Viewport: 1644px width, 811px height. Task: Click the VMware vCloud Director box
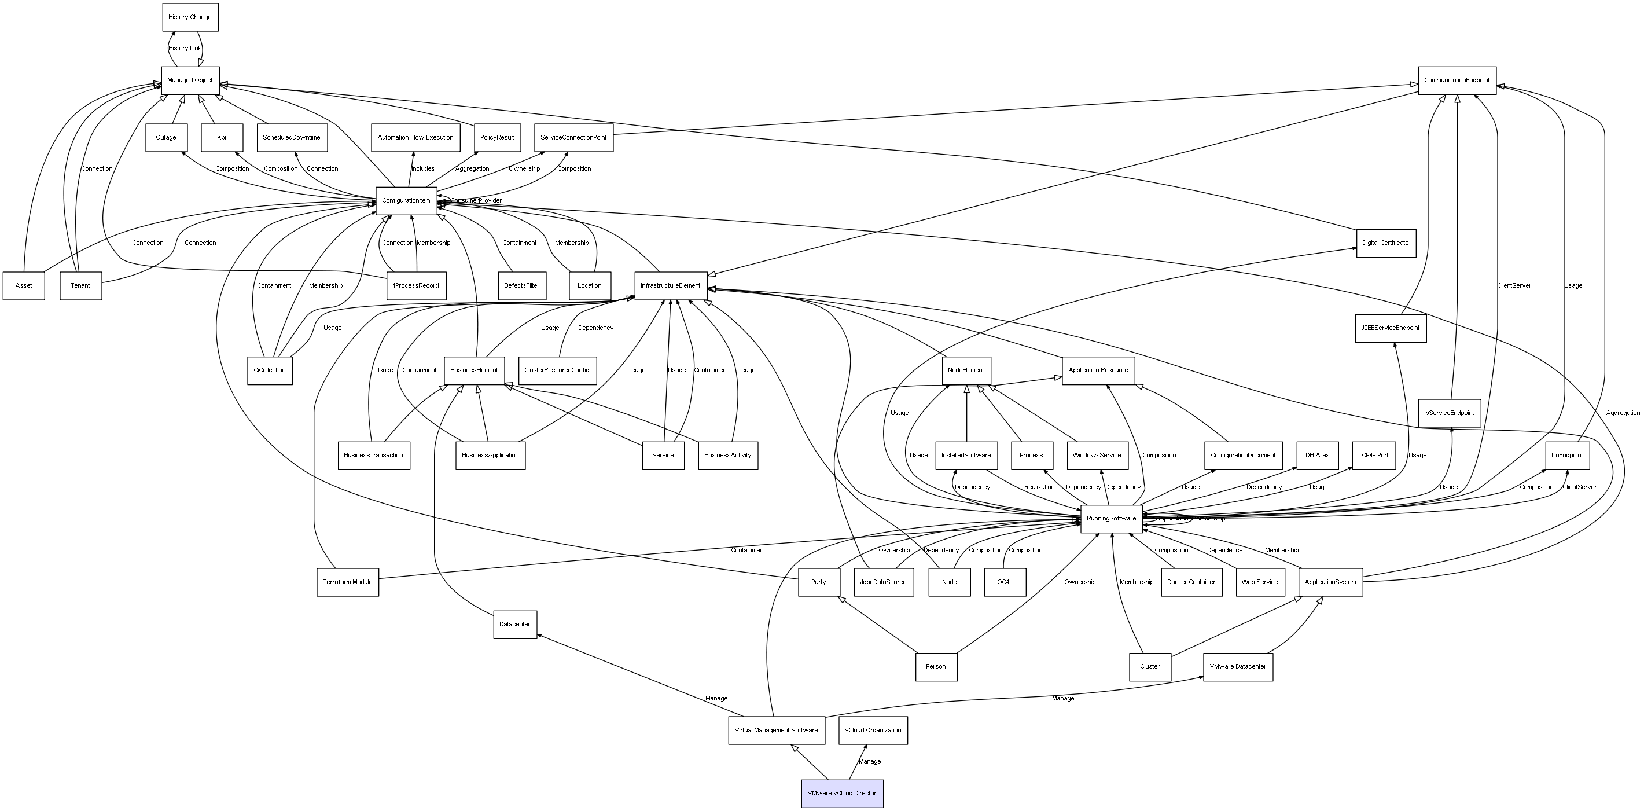(842, 793)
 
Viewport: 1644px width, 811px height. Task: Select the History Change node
(190, 17)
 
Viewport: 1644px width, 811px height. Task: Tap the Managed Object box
(190, 80)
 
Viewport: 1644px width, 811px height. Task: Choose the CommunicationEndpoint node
(1457, 80)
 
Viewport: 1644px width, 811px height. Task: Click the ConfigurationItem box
(406, 201)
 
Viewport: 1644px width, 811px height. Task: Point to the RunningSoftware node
(1111, 519)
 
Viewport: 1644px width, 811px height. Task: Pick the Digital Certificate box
(1385, 243)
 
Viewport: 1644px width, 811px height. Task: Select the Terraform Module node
(348, 582)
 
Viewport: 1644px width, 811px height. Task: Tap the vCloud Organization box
(873, 731)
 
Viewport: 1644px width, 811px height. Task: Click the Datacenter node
(515, 625)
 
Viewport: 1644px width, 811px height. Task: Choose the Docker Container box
(1191, 582)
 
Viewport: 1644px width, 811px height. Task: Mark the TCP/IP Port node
(1373, 456)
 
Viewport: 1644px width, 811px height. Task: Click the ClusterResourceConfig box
(557, 370)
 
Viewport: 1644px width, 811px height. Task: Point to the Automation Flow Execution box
(415, 138)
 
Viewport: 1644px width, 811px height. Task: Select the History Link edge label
(185, 49)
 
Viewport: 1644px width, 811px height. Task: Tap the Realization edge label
(1039, 487)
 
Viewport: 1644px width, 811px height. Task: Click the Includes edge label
(422, 169)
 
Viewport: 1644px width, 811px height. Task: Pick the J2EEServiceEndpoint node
(1391, 328)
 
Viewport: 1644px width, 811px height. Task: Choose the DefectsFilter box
(521, 286)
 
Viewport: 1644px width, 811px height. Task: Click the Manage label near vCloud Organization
(869, 762)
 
